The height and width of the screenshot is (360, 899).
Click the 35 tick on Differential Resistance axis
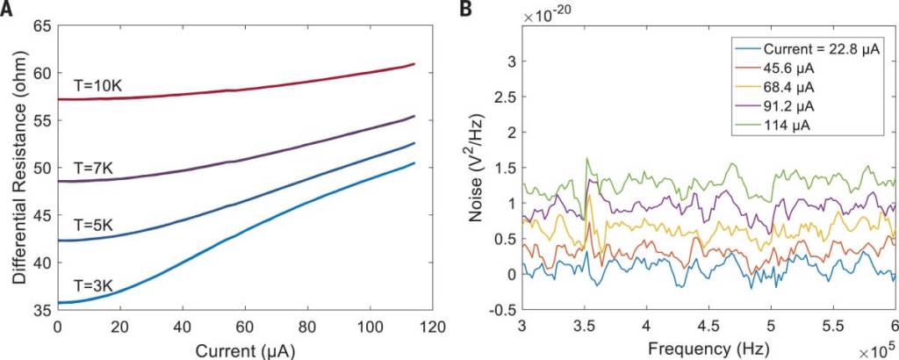40,310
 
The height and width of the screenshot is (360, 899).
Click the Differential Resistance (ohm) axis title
18,167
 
